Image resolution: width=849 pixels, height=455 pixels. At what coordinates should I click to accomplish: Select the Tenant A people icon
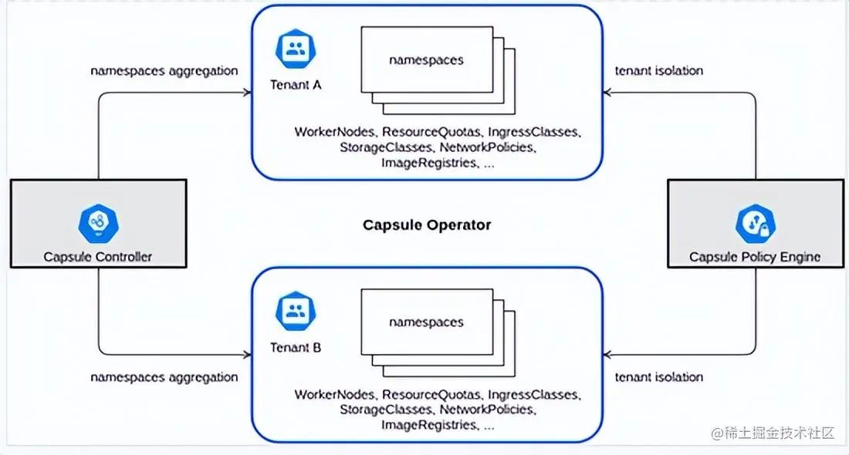[x=294, y=51]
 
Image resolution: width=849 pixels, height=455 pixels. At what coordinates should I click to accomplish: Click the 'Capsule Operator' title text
[x=427, y=225]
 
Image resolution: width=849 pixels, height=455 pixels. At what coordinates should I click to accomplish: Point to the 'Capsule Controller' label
[x=97, y=256]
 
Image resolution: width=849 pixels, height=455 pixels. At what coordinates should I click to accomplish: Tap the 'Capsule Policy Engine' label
[x=755, y=257]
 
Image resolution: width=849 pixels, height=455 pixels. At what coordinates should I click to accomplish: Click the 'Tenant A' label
[x=296, y=85]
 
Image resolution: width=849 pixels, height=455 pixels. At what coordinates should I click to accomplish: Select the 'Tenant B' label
[x=296, y=347]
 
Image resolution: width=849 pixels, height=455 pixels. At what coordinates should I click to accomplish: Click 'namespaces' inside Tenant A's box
[x=426, y=59]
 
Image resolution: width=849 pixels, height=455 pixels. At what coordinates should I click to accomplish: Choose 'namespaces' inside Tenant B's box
[x=426, y=322]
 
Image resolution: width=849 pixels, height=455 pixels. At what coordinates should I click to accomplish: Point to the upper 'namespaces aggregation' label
[x=164, y=71]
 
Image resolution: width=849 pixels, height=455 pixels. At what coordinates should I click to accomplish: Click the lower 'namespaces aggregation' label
[x=164, y=377]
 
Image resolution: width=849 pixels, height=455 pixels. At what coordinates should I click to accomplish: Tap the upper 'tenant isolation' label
[x=659, y=71]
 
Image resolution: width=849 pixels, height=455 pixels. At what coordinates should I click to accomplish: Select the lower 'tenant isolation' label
[x=659, y=377]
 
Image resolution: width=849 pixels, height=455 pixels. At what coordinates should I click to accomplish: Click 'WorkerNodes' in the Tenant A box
[x=335, y=132]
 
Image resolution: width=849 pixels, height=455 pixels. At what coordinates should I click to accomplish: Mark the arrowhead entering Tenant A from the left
[x=248, y=93]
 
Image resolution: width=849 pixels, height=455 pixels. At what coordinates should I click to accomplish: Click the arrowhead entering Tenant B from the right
[x=607, y=355]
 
